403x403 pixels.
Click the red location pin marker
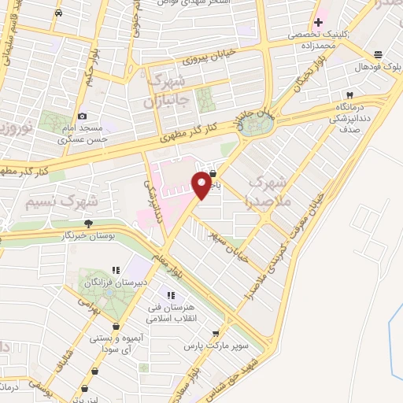click(202, 185)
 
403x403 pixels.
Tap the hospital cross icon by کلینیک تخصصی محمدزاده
click(317, 23)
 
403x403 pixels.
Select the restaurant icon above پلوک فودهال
click(379, 54)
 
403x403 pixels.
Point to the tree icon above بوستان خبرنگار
click(88, 224)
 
